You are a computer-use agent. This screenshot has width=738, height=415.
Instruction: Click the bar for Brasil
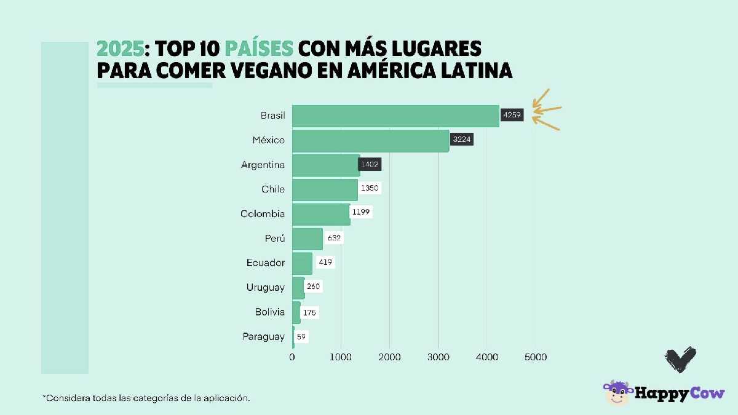coord(395,116)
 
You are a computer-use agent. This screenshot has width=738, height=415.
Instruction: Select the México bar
coord(370,140)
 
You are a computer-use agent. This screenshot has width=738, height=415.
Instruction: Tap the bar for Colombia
coord(321,214)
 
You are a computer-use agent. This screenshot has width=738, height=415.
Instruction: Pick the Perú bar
coord(307,239)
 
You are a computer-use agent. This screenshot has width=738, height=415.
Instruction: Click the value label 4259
coord(512,115)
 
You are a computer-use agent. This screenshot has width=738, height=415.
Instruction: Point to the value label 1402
coord(370,164)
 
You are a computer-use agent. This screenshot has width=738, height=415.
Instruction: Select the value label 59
coord(301,336)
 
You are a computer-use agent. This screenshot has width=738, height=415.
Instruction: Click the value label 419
coord(325,263)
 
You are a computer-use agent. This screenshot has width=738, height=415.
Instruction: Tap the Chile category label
coord(273,189)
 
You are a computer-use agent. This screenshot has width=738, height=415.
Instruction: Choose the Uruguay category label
coord(266,288)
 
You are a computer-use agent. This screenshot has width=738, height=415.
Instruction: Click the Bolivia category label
coord(270,312)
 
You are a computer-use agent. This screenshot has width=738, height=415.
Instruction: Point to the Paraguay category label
coord(264,337)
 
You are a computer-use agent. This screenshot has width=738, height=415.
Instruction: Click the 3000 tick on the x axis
coord(438,357)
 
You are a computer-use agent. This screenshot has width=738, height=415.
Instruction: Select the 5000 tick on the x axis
coord(535,357)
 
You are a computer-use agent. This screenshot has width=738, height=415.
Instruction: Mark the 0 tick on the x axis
coord(292,357)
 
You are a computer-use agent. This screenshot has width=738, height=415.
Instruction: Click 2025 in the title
coord(121,48)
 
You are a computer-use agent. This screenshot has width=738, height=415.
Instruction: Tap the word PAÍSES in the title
coord(258,48)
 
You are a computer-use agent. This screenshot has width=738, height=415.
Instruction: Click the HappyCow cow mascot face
coord(617,393)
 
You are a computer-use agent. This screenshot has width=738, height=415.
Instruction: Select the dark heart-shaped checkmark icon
coord(680,359)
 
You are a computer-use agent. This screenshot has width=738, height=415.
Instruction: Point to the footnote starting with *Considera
coord(146,398)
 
